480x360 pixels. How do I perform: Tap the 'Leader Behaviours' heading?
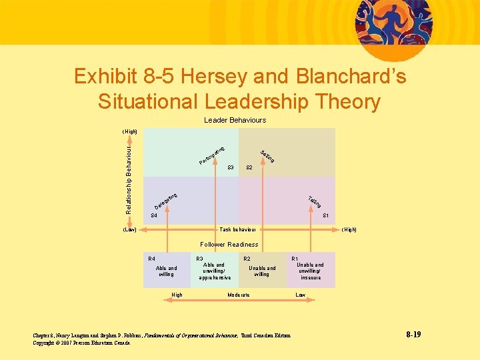click(x=235, y=120)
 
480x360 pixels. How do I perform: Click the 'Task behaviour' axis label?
click(x=237, y=229)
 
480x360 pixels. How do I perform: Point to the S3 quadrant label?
click(x=231, y=167)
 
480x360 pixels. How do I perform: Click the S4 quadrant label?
click(x=154, y=216)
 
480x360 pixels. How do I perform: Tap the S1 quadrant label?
click(x=325, y=216)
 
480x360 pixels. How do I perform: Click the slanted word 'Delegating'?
click(x=165, y=200)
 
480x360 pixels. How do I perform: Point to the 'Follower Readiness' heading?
click(x=229, y=245)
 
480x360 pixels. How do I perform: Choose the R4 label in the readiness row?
click(x=152, y=258)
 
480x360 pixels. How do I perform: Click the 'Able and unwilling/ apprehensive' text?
click(x=214, y=271)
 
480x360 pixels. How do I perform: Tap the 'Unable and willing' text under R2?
click(x=261, y=271)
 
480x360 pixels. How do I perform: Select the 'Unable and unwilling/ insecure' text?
click(x=310, y=271)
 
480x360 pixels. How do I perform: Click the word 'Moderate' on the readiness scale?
click(x=238, y=295)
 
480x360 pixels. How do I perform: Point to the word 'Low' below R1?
click(x=300, y=295)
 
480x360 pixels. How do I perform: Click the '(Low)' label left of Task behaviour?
click(x=129, y=229)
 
